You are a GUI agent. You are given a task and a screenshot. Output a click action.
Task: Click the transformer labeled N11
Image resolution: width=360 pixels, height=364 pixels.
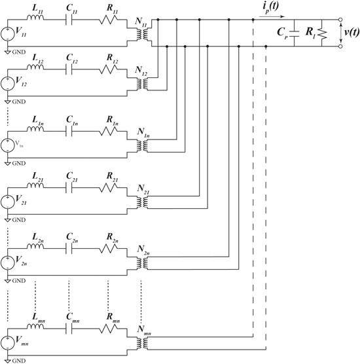pos(141,33)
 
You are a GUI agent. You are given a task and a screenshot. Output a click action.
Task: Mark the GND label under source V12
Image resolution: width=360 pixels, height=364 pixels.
pos(17,102)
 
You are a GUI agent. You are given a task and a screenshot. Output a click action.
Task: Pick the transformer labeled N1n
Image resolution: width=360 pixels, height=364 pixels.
pos(141,145)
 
